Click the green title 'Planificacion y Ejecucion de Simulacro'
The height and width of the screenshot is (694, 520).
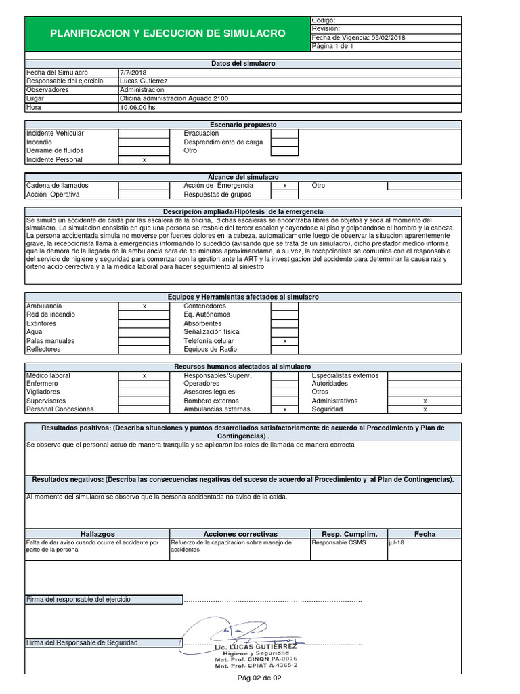coord(167,33)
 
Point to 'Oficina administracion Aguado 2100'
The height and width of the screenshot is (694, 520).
coord(174,98)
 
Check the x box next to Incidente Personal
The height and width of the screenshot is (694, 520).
coord(144,160)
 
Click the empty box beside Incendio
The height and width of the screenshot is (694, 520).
coord(144,142)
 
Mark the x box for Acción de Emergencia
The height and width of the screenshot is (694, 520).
coord(284,186)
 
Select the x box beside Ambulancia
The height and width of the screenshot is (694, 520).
coord(144,306)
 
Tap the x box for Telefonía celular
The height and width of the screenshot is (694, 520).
coord(284,341)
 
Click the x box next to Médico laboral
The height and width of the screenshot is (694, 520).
coord(144,375)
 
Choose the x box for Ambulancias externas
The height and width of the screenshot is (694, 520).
coord(284,409)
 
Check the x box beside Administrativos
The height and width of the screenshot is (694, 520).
coord(425,401)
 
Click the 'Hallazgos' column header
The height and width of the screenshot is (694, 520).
coord(97,534)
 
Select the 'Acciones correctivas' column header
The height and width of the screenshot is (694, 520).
coord(240,534)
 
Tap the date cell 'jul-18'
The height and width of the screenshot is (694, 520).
coord(396,543)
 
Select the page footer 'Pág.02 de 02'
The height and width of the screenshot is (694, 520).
coord(259,678)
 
